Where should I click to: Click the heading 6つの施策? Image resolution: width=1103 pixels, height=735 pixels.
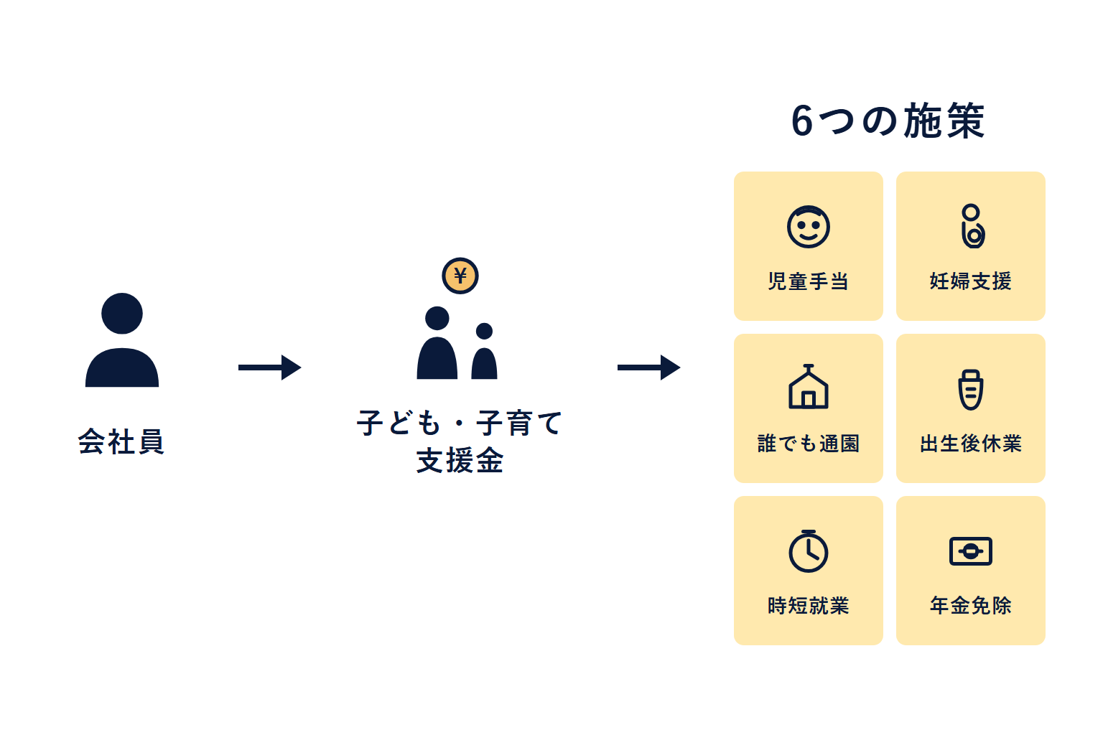tap(888, 121)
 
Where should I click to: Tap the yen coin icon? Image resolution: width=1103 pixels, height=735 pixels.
tap(460, 276)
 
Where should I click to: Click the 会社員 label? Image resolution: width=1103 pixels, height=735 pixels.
tap(121, 441)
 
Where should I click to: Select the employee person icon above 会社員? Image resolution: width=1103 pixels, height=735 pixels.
tap(122, 340)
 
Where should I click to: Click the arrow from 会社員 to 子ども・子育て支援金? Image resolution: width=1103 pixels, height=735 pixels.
tap(269, 367)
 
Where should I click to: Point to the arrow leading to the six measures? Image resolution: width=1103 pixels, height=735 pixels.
tap(648, 367)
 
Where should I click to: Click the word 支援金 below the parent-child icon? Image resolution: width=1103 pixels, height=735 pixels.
tap(460, 461)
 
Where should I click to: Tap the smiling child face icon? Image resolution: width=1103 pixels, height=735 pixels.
tap(809, 227)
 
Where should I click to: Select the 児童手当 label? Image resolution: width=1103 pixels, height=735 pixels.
tap(809, 281)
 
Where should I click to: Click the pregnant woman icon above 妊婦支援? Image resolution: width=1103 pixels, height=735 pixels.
tap(972, 226)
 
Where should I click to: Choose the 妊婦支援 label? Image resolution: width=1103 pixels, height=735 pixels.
tap(971, 281)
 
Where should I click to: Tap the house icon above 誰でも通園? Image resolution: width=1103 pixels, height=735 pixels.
tap(809, 388)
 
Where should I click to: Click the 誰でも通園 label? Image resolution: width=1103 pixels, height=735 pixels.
tap(809, 444)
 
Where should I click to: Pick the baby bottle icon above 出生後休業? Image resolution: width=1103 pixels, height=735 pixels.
tap(971, 389)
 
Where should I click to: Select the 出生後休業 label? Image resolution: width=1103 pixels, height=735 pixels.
tap(971, 444)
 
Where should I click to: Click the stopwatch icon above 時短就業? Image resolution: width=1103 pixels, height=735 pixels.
tap(809, 551)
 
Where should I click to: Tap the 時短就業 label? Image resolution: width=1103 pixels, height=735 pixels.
tap(809, 606)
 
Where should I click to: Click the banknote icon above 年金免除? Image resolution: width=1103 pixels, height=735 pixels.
tap(971, 551)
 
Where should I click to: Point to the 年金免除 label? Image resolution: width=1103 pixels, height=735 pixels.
tap(971, 606)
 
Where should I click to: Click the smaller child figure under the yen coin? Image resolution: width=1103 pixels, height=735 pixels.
tap(485, 352)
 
